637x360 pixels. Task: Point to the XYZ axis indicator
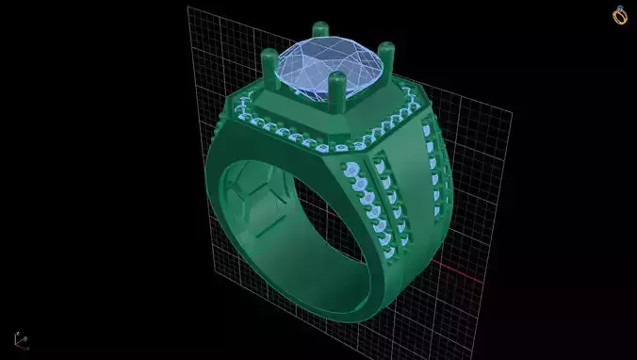(20, 340)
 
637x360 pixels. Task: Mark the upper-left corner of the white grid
(188, 8)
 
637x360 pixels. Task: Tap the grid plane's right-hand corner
(512, 112)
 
